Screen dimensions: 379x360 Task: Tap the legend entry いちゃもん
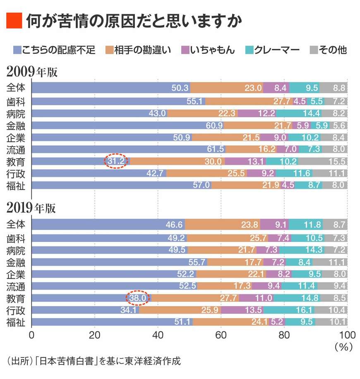pyautogui.click(x=212, y=50)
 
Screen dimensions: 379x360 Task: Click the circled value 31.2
pyautogui.click(x=116, y=162)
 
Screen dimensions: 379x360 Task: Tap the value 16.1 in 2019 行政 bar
pyautogui.click(x=304, y=310)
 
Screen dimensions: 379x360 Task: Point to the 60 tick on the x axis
pyautogui.click(x=221, y=334)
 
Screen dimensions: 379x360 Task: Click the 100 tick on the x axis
pyautogui.click(x=347, y=334)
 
